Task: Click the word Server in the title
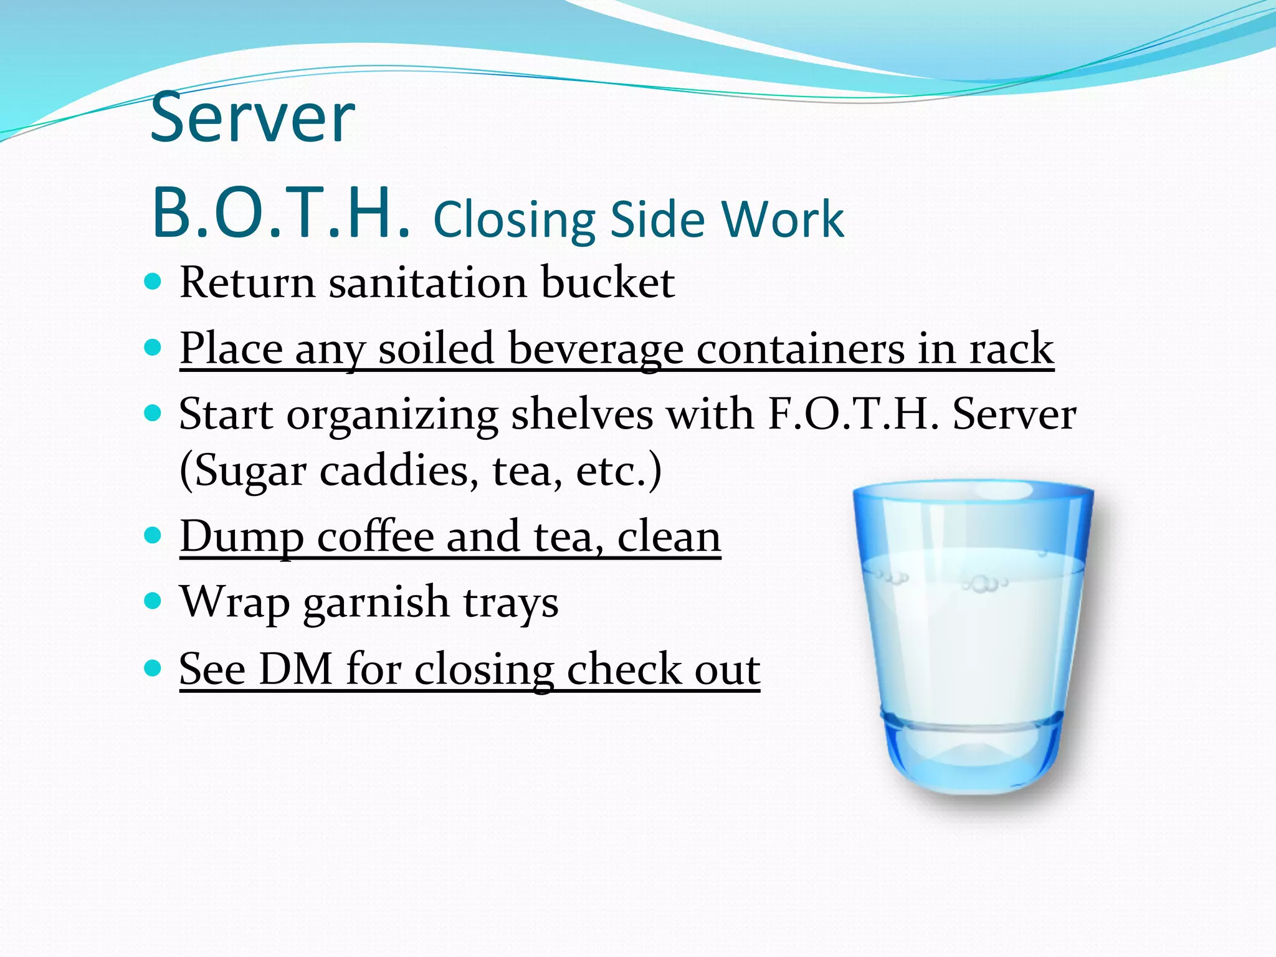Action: pyautogui.click(x=252, y=118)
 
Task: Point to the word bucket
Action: pyautogui.click(x=607, y=283)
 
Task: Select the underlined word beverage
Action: pyautogui.click(x=596, y=349)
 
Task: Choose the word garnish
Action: pyautogui.click(x=376, y=603)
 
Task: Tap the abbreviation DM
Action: pyautogui.click(x=295, y=670)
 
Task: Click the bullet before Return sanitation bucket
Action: pyautogui.click(x=153, y=282)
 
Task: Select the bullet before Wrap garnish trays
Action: pyautogui.click(x=153, y=601)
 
